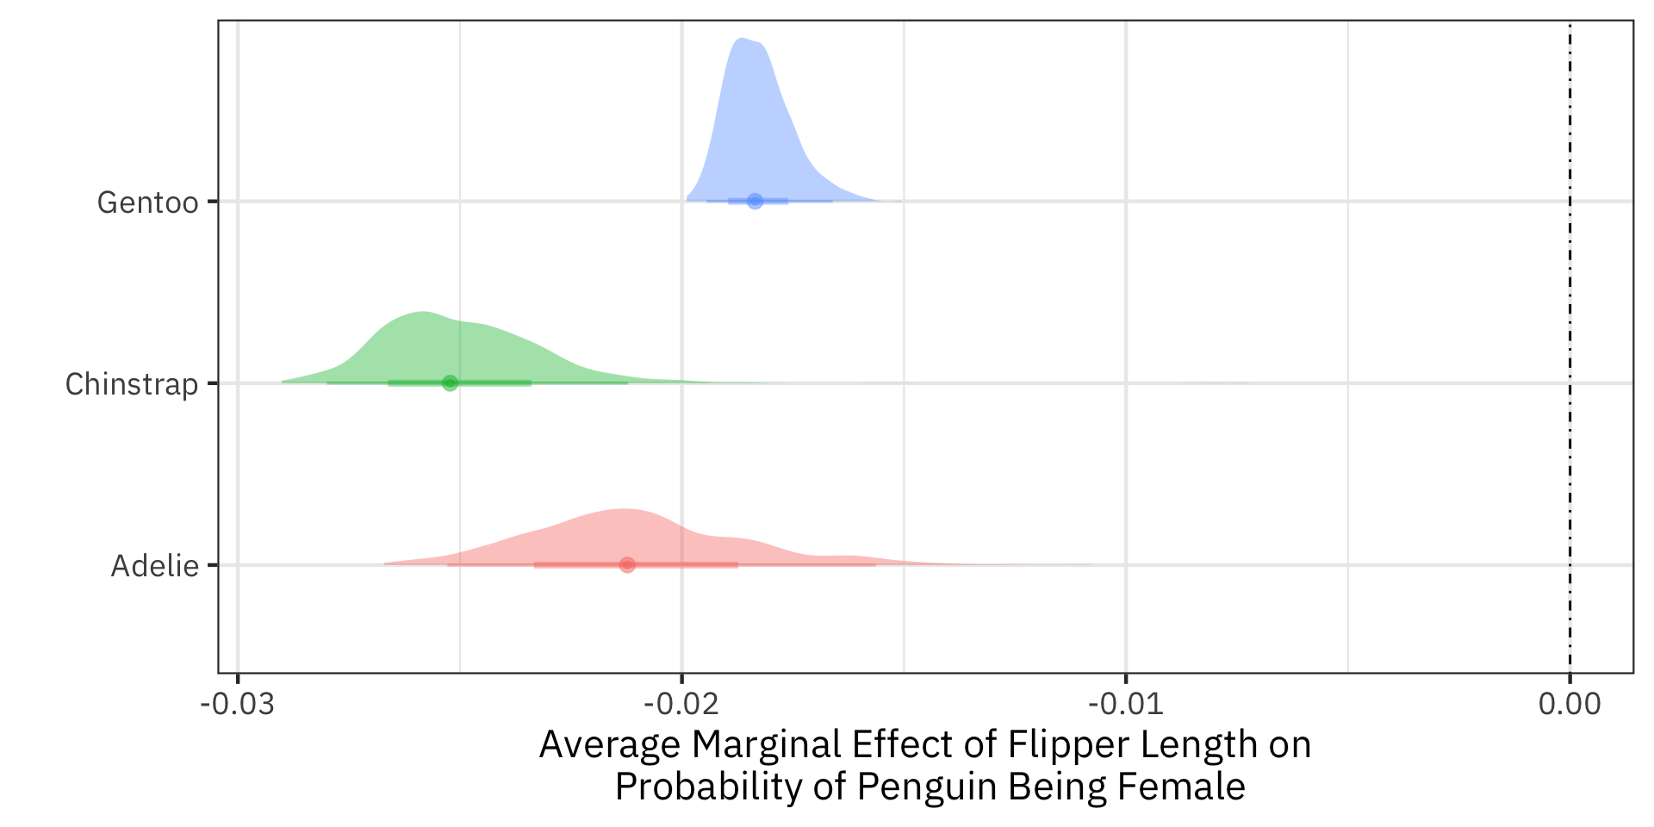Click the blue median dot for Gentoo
(x=755, y=201)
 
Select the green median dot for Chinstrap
(x=450, y=382)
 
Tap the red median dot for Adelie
(x=627, y=565)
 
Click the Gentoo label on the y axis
(x=147, y=202)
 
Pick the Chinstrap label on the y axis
(x=132, y=384)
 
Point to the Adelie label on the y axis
(x=155, y=566)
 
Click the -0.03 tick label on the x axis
(x=237, y=704)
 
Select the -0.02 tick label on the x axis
(x=681, y=704)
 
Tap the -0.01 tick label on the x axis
(x=1125, y=704)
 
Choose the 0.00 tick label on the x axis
(x=1570, y=704)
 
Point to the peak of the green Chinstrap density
(x=423, y=313)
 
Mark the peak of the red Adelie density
(x=622, y=510)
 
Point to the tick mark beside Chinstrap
(x=213, y=382)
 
